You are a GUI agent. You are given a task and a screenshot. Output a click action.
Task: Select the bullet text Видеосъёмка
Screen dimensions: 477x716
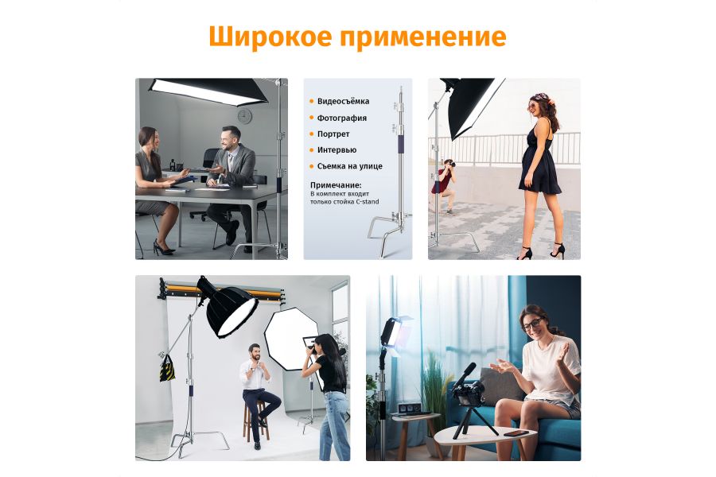343,102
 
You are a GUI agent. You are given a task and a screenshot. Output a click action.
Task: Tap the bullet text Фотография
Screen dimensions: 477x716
342,118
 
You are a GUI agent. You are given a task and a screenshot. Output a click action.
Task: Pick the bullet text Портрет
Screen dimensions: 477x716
333,134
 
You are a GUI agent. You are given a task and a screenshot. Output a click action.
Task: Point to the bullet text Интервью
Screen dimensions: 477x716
337,149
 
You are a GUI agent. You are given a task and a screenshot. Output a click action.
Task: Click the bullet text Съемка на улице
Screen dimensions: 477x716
350,166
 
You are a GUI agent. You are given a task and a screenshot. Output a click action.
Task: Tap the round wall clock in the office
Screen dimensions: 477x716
244,116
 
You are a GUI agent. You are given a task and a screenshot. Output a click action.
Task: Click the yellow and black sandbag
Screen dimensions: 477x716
167,368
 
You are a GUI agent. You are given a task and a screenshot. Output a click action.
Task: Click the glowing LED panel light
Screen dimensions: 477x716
395,334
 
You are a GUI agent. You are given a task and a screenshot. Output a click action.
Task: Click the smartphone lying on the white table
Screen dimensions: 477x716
519,433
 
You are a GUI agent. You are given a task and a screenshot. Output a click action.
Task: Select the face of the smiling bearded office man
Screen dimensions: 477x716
231,140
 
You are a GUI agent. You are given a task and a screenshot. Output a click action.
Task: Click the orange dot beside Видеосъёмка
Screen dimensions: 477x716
311,102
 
